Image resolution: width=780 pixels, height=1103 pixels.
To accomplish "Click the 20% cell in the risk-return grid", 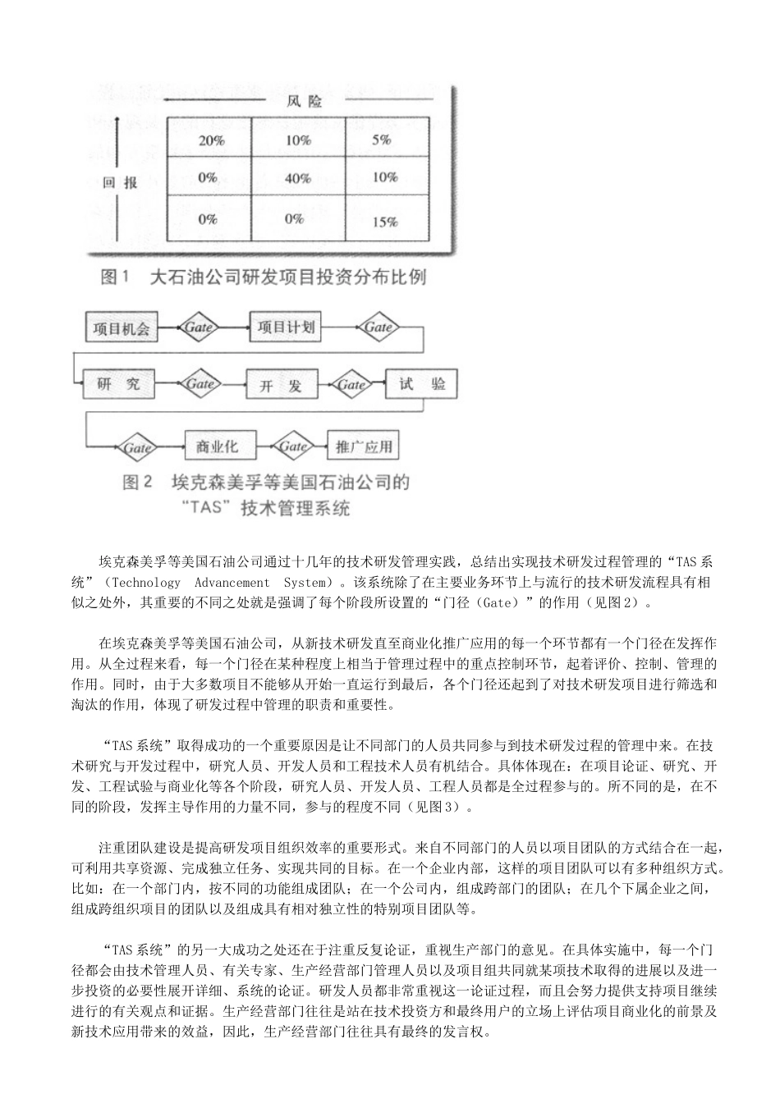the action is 211,140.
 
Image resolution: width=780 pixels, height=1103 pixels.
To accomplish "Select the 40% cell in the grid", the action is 298,178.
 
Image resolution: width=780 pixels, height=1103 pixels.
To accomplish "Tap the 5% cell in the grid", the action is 382,140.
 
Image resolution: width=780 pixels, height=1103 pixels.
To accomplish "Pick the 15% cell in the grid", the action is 385,222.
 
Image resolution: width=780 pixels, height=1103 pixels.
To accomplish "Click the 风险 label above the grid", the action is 304,102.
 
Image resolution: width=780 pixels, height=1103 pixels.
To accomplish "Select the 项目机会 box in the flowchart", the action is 122,329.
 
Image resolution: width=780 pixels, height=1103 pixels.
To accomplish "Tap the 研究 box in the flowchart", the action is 118,384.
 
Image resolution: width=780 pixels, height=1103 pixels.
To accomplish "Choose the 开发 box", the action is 280,386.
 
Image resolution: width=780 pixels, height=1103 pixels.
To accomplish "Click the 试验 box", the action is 417,384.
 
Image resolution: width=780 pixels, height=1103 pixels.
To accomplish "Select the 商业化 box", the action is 218,447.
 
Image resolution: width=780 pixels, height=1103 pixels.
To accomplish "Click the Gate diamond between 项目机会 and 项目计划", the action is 200,328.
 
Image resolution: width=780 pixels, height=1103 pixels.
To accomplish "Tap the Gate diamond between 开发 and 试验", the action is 351,384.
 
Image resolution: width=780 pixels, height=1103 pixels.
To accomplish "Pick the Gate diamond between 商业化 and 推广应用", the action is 292,447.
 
